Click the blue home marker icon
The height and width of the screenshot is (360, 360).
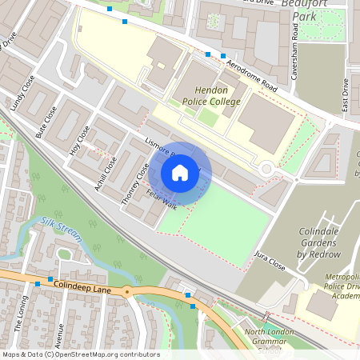click(x=180, y=173)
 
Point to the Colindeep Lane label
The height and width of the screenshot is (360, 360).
click(x=79, y=285)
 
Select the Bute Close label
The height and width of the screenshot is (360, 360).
click(x=46, y=122)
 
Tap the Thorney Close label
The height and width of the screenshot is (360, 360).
click(x=134, y=186)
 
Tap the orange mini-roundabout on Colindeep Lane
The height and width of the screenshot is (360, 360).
click(x=126, y=292)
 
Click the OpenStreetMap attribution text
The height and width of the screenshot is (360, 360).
click(x=81, y=354)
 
